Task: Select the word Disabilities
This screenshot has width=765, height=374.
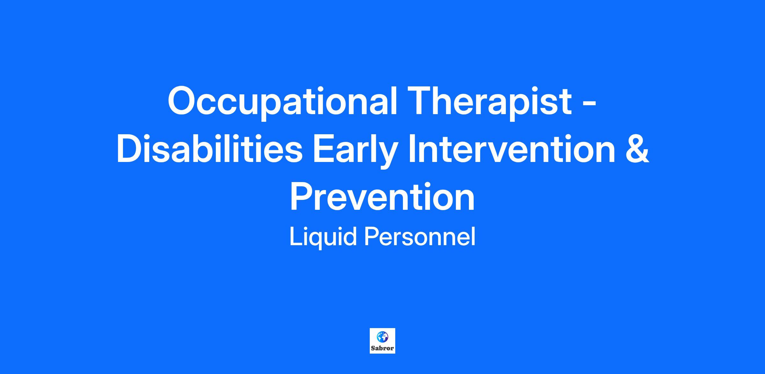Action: click(x=209, y=149)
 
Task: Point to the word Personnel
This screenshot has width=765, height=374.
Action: click(x=420, y=237)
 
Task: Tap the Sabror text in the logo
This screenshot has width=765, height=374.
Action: click(x=382, y=348)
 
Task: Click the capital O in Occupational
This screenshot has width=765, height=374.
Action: click(x=182, y=100)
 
